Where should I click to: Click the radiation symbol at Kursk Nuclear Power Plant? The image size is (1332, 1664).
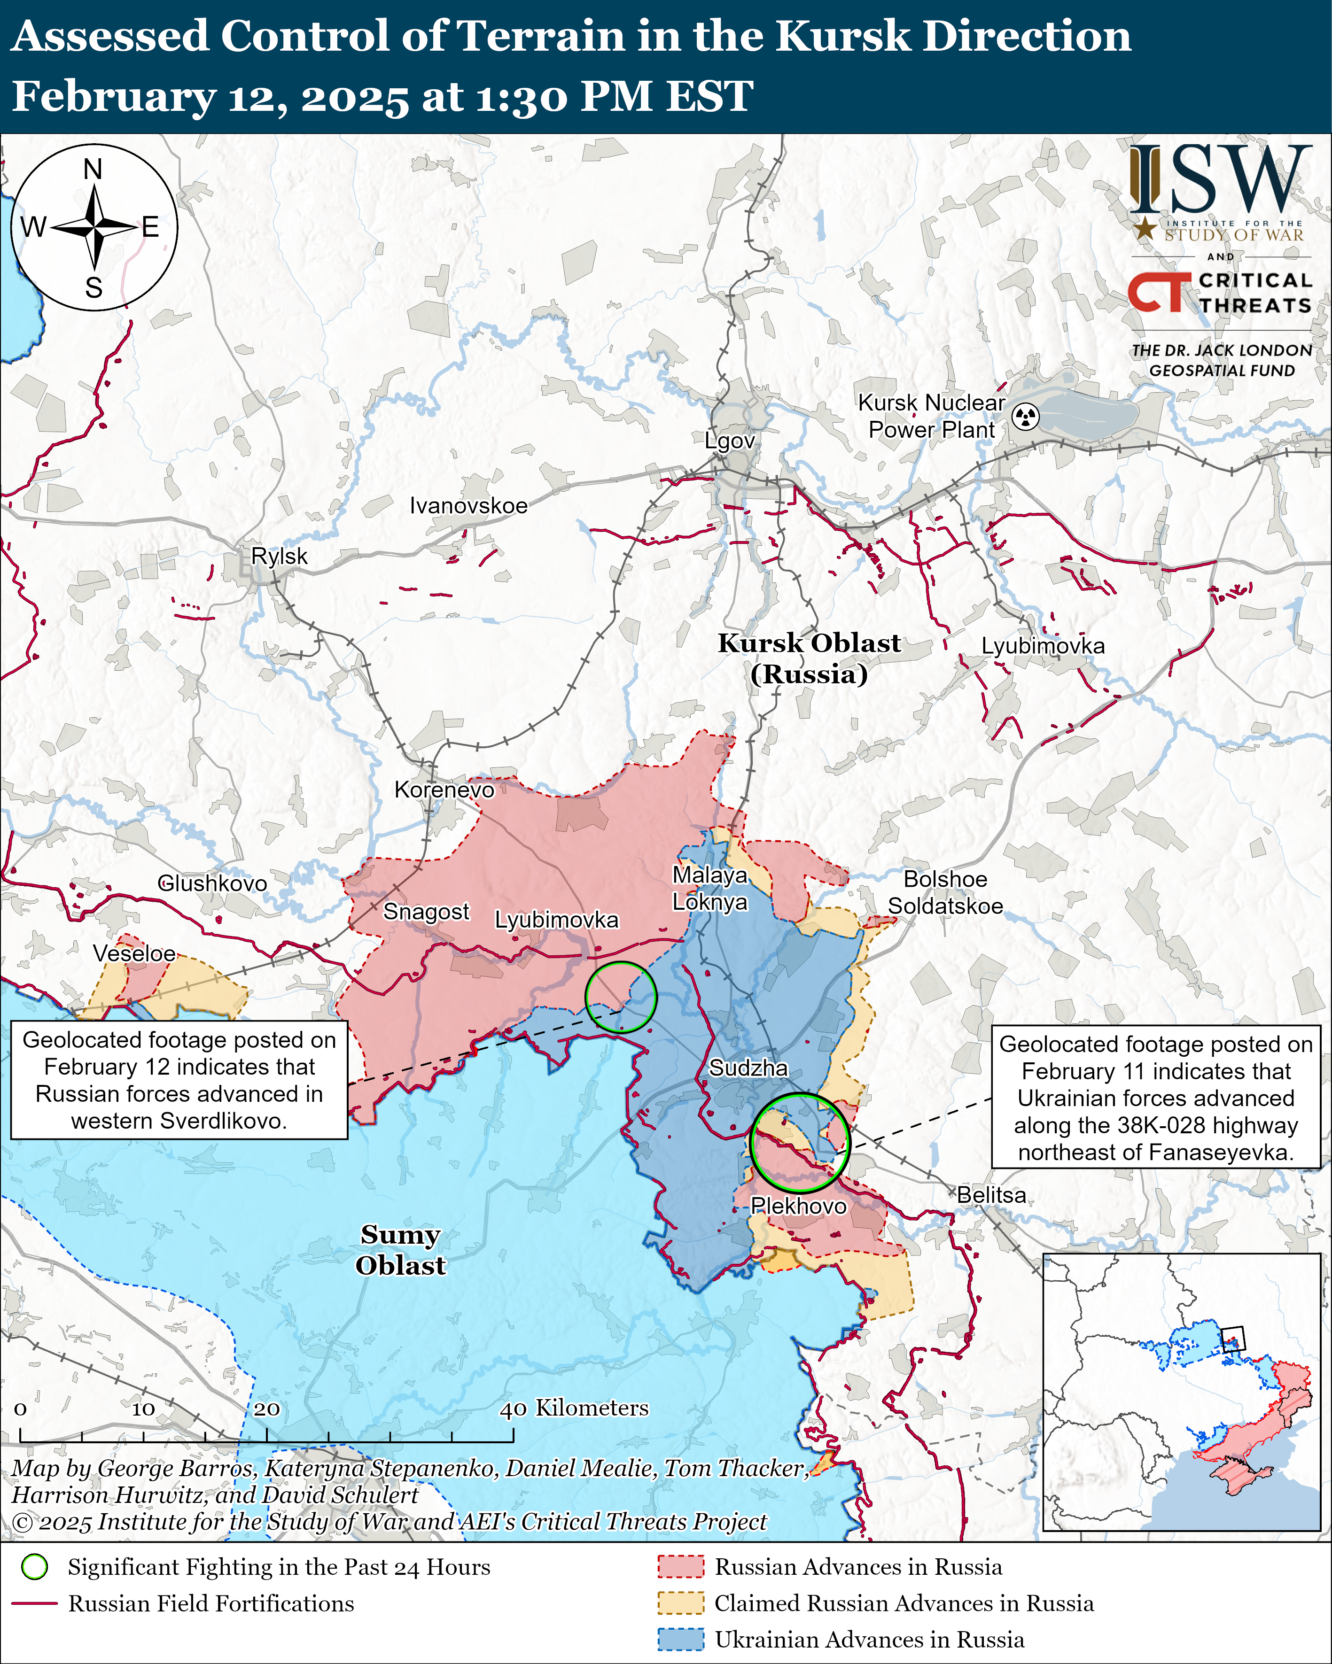point(1026,417)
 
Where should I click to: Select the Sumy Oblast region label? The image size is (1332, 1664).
point(400,1250)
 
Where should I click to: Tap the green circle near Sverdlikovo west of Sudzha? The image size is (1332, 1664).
point(621,997)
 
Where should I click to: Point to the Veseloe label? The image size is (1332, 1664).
point(134,953)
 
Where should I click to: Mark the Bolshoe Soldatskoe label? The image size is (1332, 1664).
point(945,892)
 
